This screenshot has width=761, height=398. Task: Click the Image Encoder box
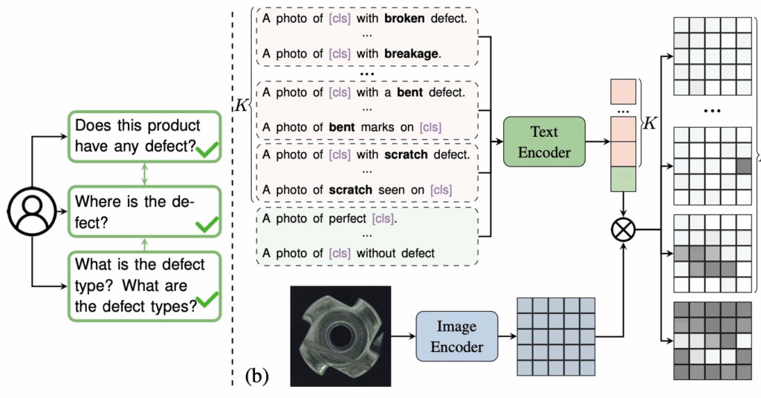pyautogui.click(x=456, y=337)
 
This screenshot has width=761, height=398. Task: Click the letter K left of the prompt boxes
pyautogui.click(x=241, y=105)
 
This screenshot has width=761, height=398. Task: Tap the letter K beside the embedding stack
pyautogui.click(x=650, y=123)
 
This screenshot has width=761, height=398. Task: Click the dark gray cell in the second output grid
pyautogui.click(x=743, y=164)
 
